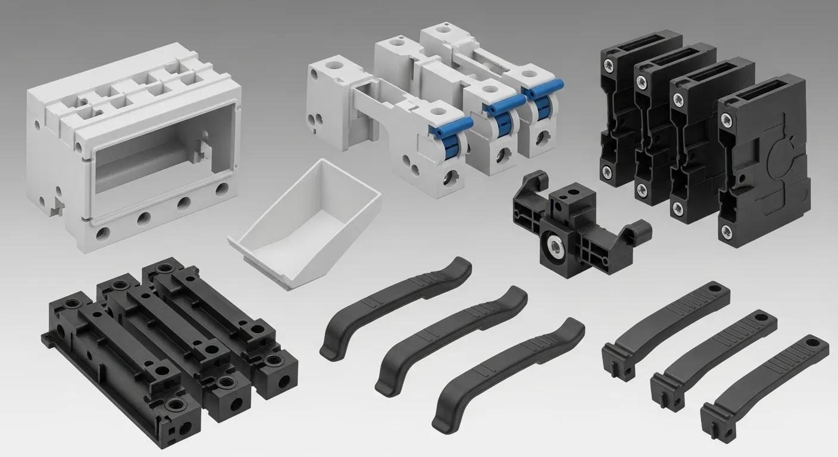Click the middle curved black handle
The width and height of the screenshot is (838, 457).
(x=451, y=337)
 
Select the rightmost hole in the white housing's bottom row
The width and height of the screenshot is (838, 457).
(x=221, y=189)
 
